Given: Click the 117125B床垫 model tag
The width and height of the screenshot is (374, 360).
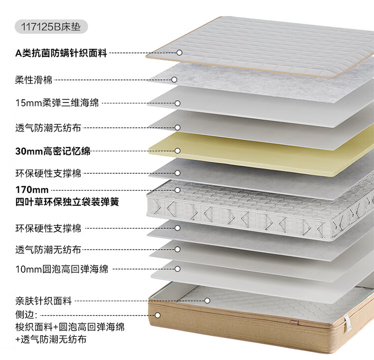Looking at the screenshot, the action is (52, 25).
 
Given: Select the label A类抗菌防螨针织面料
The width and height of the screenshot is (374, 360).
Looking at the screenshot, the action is (61, 52).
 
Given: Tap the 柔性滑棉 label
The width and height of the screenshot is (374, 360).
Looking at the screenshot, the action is (33, 79).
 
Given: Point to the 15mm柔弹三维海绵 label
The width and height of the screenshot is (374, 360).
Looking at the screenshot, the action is (57, 103).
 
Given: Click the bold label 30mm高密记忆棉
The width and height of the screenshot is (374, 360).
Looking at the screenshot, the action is (53, 150).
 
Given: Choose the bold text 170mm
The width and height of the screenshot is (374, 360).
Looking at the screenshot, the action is (32, 190).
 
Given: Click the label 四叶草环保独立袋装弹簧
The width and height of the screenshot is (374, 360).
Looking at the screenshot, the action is (67, 202).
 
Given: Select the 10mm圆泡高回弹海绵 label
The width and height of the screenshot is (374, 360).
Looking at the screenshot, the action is (61, 270).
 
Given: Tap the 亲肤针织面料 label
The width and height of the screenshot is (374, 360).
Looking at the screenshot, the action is (43, 301).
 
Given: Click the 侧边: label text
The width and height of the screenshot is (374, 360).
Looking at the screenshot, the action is (26, 315).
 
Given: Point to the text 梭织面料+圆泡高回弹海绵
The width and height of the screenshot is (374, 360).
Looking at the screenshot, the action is (70, 328).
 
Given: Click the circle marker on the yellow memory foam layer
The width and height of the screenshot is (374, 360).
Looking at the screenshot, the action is (177, 150).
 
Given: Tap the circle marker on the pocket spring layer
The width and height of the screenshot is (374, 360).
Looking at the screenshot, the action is (177, 190).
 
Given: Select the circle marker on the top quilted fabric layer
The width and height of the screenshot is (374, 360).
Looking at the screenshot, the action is (180, 52).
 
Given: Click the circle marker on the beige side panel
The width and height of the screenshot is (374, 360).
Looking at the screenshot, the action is (158, 315).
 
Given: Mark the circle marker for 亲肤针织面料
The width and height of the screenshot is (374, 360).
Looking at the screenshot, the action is (207, 301).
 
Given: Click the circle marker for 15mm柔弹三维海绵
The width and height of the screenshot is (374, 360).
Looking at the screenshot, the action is (177, 103).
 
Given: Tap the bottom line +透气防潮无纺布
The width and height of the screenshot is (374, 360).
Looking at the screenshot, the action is (50, 340).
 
